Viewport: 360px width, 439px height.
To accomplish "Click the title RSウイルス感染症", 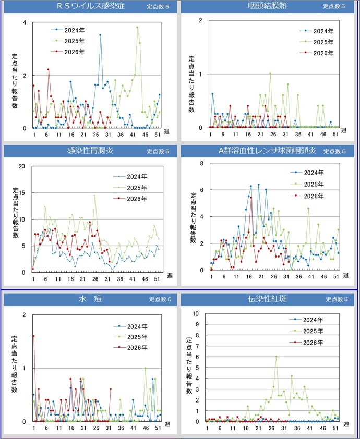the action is [90, 6].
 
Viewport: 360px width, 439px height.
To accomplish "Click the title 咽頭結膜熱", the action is [267, 6].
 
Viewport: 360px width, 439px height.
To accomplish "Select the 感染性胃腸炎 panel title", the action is [90, 151].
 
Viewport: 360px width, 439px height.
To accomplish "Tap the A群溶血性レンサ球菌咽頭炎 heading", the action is [267, 151].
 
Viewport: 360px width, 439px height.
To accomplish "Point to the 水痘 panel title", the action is [90, 299].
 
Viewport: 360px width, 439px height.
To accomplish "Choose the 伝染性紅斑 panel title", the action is [267, 299].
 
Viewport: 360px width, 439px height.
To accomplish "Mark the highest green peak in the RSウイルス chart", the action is [137, 28].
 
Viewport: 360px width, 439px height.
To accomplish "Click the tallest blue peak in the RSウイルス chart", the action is [100, 35].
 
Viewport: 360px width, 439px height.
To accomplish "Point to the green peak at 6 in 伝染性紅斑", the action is [276, 357].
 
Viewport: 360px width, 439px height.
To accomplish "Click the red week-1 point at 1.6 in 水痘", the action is [33, 336].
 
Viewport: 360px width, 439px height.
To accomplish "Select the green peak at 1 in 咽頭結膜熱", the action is [270, 74].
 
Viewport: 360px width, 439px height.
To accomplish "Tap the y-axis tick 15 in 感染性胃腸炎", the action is [22, 192].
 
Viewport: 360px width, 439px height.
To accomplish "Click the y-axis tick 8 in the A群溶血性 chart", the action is [202, 163].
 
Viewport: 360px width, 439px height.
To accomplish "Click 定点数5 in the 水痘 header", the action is [160, 299].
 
